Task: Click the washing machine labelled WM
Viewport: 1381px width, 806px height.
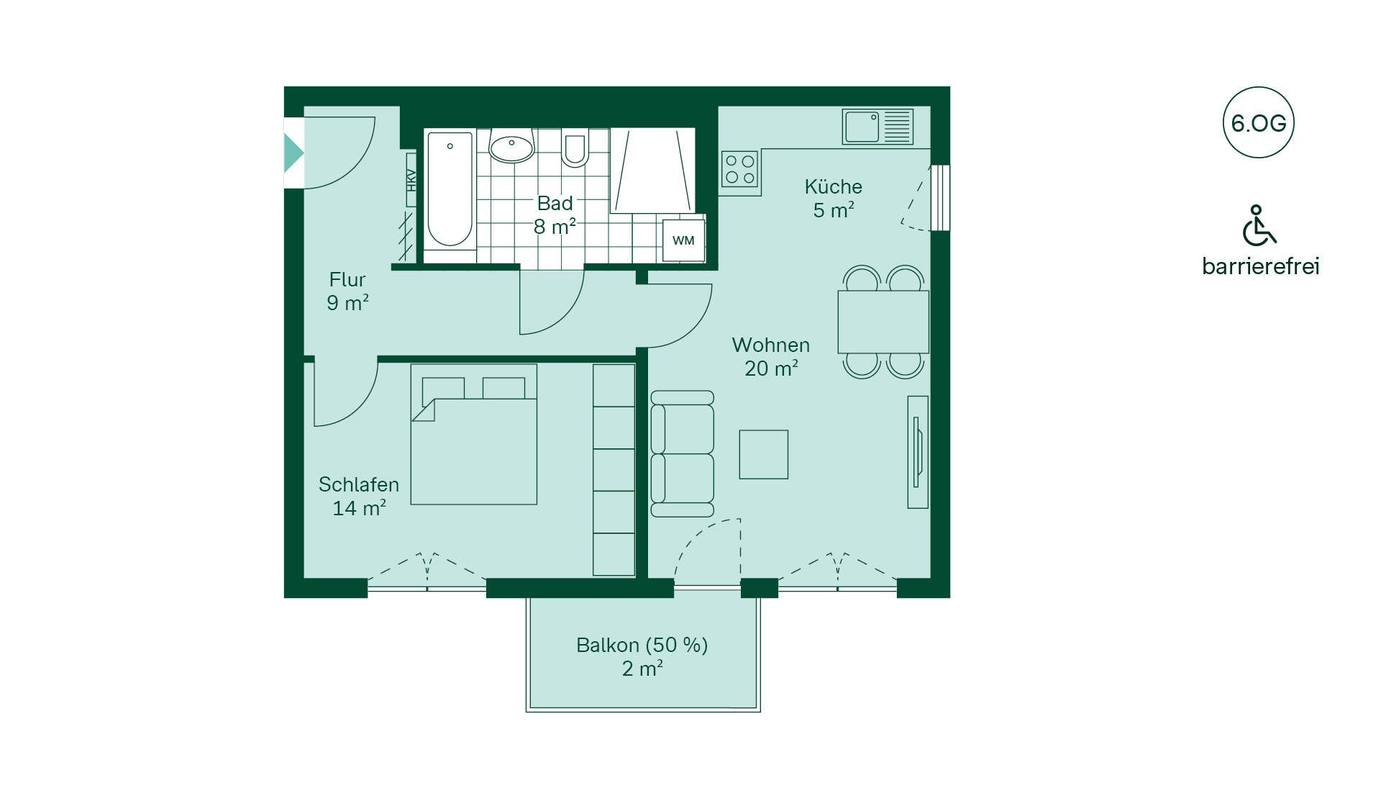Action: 683,240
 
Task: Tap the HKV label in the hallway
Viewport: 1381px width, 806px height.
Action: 411,180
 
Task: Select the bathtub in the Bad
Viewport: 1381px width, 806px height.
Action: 450,189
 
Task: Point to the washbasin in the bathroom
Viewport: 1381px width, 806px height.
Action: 511,146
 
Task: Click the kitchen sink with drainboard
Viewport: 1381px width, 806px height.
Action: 878,127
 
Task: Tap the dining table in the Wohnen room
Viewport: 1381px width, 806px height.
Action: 883,322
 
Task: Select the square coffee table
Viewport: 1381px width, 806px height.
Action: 764,455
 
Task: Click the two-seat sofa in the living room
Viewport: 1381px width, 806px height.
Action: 682,454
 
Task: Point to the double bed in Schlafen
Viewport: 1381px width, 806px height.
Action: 474,434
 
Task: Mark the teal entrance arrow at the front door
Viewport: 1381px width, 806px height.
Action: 293,153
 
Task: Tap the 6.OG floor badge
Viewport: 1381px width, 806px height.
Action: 1259,123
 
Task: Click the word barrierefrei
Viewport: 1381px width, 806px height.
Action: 1261,266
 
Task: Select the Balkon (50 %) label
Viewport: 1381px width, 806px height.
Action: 642,645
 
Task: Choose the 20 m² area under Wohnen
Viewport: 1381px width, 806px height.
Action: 771,368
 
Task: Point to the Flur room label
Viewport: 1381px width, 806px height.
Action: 347,279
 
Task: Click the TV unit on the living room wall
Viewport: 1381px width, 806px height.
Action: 918,452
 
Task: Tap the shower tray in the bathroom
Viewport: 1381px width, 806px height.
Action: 652,171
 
